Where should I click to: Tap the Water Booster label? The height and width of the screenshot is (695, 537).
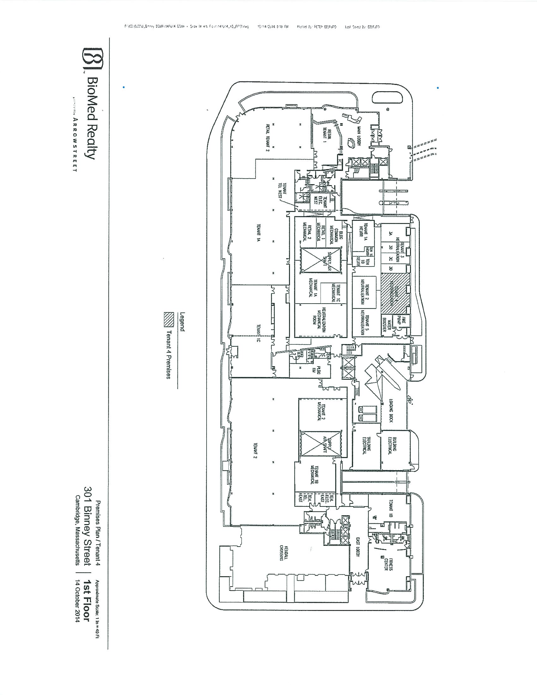pos(386,323)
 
